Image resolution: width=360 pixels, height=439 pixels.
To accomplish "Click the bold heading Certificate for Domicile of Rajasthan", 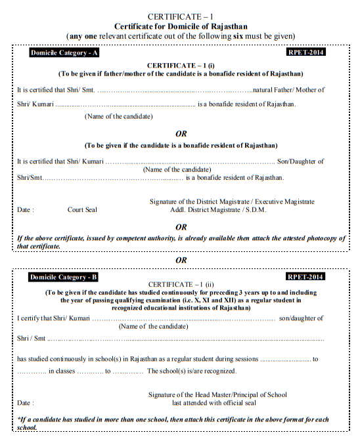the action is [x=180, y=25].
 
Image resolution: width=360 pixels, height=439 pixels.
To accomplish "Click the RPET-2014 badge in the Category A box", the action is [x=307, y=52].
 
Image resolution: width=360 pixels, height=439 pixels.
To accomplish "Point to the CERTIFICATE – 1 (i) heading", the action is [x=180, y=66].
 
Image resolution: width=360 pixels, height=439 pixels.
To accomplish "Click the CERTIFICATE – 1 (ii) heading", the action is [x=180, y=284].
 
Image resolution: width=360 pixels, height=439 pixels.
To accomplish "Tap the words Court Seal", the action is [x=82, y=210].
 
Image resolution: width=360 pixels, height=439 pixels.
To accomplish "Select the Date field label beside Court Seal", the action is [x=26, y=210].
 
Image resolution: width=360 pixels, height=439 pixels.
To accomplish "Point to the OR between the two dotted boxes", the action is [x=180, y=260].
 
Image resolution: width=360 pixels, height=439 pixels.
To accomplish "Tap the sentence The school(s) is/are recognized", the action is [x=192, y=371].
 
